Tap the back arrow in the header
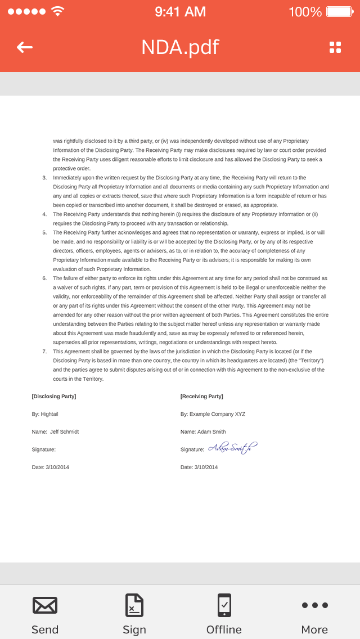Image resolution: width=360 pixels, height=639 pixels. [25, 47]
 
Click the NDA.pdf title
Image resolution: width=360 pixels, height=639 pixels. [180, 47]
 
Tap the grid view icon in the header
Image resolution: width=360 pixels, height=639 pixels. [335, 47]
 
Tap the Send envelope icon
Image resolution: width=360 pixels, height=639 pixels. [45, 605]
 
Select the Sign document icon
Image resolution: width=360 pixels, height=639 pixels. [134, 605]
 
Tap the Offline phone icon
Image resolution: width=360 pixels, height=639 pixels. [224, 605]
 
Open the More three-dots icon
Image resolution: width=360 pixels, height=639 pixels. [314, 605]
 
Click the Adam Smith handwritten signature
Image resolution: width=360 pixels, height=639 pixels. [232, 448]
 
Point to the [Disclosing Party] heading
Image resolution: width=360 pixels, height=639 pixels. [54, 397]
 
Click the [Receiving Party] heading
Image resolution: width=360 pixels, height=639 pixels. [201, 397]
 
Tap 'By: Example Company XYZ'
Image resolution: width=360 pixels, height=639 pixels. [213, 414]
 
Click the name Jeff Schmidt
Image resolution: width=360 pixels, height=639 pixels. [64, 432]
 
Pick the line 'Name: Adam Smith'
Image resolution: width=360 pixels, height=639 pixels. [203, 432]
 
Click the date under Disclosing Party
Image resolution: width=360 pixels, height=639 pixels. [51, 467]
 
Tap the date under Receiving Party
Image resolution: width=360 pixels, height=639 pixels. [199, 467]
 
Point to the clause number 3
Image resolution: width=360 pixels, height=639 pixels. [45, 178]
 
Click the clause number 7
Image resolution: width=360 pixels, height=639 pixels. [45, 352]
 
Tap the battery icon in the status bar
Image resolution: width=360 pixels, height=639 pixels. [339, 11]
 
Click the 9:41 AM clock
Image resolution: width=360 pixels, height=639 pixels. [180, 11]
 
